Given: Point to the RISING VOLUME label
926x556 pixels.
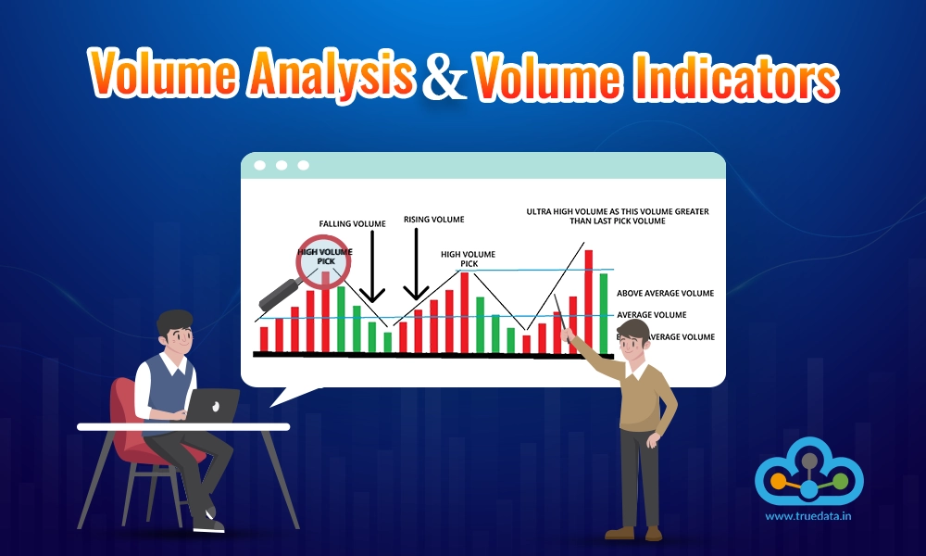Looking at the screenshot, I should (433, 220).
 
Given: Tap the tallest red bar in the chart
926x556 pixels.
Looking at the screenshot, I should (588, 301).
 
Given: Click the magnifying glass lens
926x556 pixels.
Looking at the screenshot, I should (323, 260).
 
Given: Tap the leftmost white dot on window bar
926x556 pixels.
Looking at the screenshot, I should (259, 165).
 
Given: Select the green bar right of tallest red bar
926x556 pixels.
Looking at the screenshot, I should (604, 314).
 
